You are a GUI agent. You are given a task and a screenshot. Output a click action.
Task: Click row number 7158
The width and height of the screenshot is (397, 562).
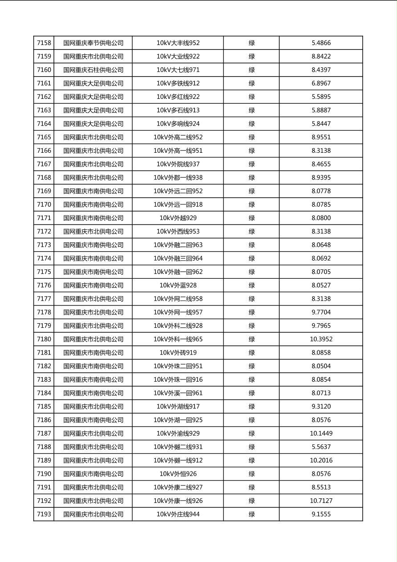tap(44, 43)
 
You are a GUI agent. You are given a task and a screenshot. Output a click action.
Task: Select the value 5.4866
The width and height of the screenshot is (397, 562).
tap(321, 43)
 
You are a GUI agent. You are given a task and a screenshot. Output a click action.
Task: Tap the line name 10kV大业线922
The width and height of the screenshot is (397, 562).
tap(178, 57)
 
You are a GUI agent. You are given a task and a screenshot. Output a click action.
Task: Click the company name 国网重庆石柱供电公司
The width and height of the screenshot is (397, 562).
tap(93, 70)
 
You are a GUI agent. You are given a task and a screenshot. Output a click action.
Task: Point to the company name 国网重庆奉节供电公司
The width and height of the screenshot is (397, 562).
tap(93, 43)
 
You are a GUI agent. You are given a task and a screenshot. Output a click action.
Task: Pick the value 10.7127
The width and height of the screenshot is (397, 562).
tap(321, 501)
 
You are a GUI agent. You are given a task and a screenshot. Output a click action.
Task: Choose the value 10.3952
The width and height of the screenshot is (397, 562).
tap(321, 339)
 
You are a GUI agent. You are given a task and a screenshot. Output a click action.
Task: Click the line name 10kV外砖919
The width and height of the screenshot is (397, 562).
tap(178, 353)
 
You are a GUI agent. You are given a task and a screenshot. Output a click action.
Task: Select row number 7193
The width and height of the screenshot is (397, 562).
tap(44, 514)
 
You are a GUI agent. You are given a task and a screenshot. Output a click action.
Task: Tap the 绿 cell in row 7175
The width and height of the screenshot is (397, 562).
tap(251, 272)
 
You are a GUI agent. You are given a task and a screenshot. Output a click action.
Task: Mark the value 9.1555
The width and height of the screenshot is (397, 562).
tap(321, 514)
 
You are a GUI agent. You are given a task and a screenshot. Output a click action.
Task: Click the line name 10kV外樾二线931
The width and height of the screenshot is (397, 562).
tap(178, 447)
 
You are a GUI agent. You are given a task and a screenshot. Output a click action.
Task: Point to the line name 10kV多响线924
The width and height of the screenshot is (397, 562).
tap(178, 124)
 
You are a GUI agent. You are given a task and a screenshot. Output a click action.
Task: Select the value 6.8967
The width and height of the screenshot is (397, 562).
tap(321, 83)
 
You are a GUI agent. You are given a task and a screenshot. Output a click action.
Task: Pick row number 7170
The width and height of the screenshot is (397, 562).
tap(44, 205)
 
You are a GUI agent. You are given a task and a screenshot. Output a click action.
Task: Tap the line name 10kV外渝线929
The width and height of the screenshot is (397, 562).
tap(178, 434)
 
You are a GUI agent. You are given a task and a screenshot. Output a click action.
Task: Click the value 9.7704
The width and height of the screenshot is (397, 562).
tap(321, 312)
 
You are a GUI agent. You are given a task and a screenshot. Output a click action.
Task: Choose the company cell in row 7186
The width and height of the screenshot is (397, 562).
tap(93, 420)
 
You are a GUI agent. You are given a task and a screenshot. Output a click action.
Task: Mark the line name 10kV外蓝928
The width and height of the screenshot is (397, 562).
tap(178, 285)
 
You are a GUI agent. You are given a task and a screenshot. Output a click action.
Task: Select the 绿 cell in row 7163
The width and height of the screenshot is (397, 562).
tap(251, 110)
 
